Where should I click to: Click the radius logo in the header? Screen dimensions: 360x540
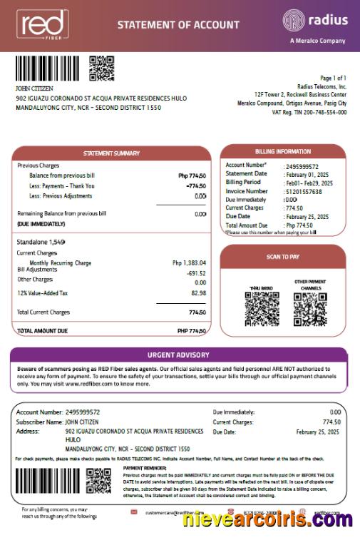315,21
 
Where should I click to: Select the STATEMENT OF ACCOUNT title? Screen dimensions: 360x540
178,25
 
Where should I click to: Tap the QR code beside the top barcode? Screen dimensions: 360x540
102,68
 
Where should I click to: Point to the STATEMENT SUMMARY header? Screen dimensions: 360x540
111,153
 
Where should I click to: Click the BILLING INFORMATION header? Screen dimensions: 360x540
283,151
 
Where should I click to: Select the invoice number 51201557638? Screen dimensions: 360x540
304,191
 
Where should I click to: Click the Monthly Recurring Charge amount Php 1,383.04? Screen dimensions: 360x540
189,263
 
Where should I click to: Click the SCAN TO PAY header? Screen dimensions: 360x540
283,256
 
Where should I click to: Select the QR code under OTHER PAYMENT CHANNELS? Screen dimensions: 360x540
309,310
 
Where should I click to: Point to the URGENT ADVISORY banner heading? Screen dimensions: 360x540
178,355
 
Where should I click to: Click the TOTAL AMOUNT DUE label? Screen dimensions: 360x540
42,331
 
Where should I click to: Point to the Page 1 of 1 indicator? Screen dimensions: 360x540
333,78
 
